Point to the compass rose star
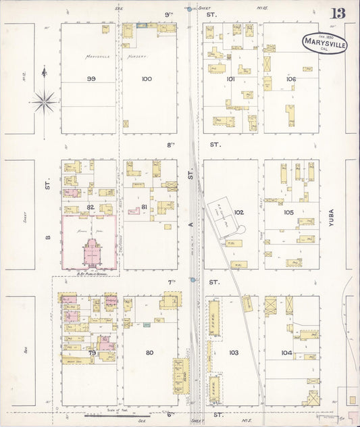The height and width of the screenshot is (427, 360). coord(45,101)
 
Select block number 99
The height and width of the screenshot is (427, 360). coord(90,79)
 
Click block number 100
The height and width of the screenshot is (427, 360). coord(147,79)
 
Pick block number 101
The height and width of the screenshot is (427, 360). coord(230,79)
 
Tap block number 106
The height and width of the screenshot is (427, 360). coord(291,79)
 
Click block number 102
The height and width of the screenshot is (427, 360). coord(238,212)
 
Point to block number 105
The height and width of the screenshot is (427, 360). coord(289,212)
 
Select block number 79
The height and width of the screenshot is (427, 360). coord(90,353)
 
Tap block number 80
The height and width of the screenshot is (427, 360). coord(149,352)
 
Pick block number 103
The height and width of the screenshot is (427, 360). coord(234,352)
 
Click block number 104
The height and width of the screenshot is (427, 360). coord(286,352)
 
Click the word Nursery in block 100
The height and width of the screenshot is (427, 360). coord(139,57)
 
